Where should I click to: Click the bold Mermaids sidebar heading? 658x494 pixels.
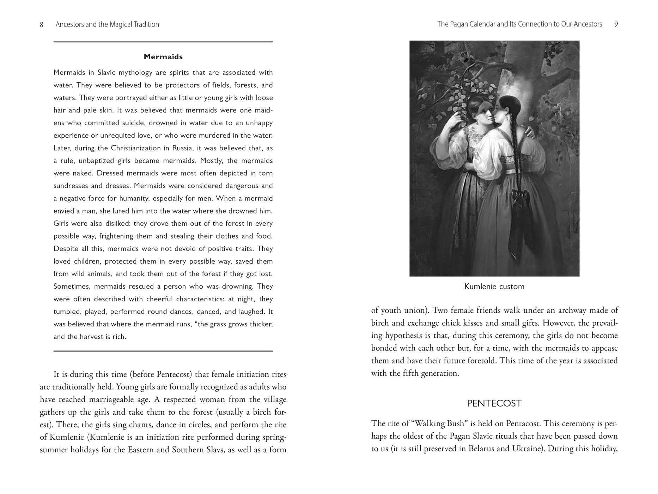pos(163,57)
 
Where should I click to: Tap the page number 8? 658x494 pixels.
pos(42,24)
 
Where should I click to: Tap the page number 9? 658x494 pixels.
pos(616,24)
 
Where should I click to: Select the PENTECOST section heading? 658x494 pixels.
pos(494,403)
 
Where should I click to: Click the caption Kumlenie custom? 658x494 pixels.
pos(494,287)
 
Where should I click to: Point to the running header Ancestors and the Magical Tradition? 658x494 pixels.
pos(107,24)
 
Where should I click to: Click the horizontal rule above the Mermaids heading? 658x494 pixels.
pos(163,42)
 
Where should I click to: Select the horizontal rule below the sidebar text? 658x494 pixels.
pos(163,351)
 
